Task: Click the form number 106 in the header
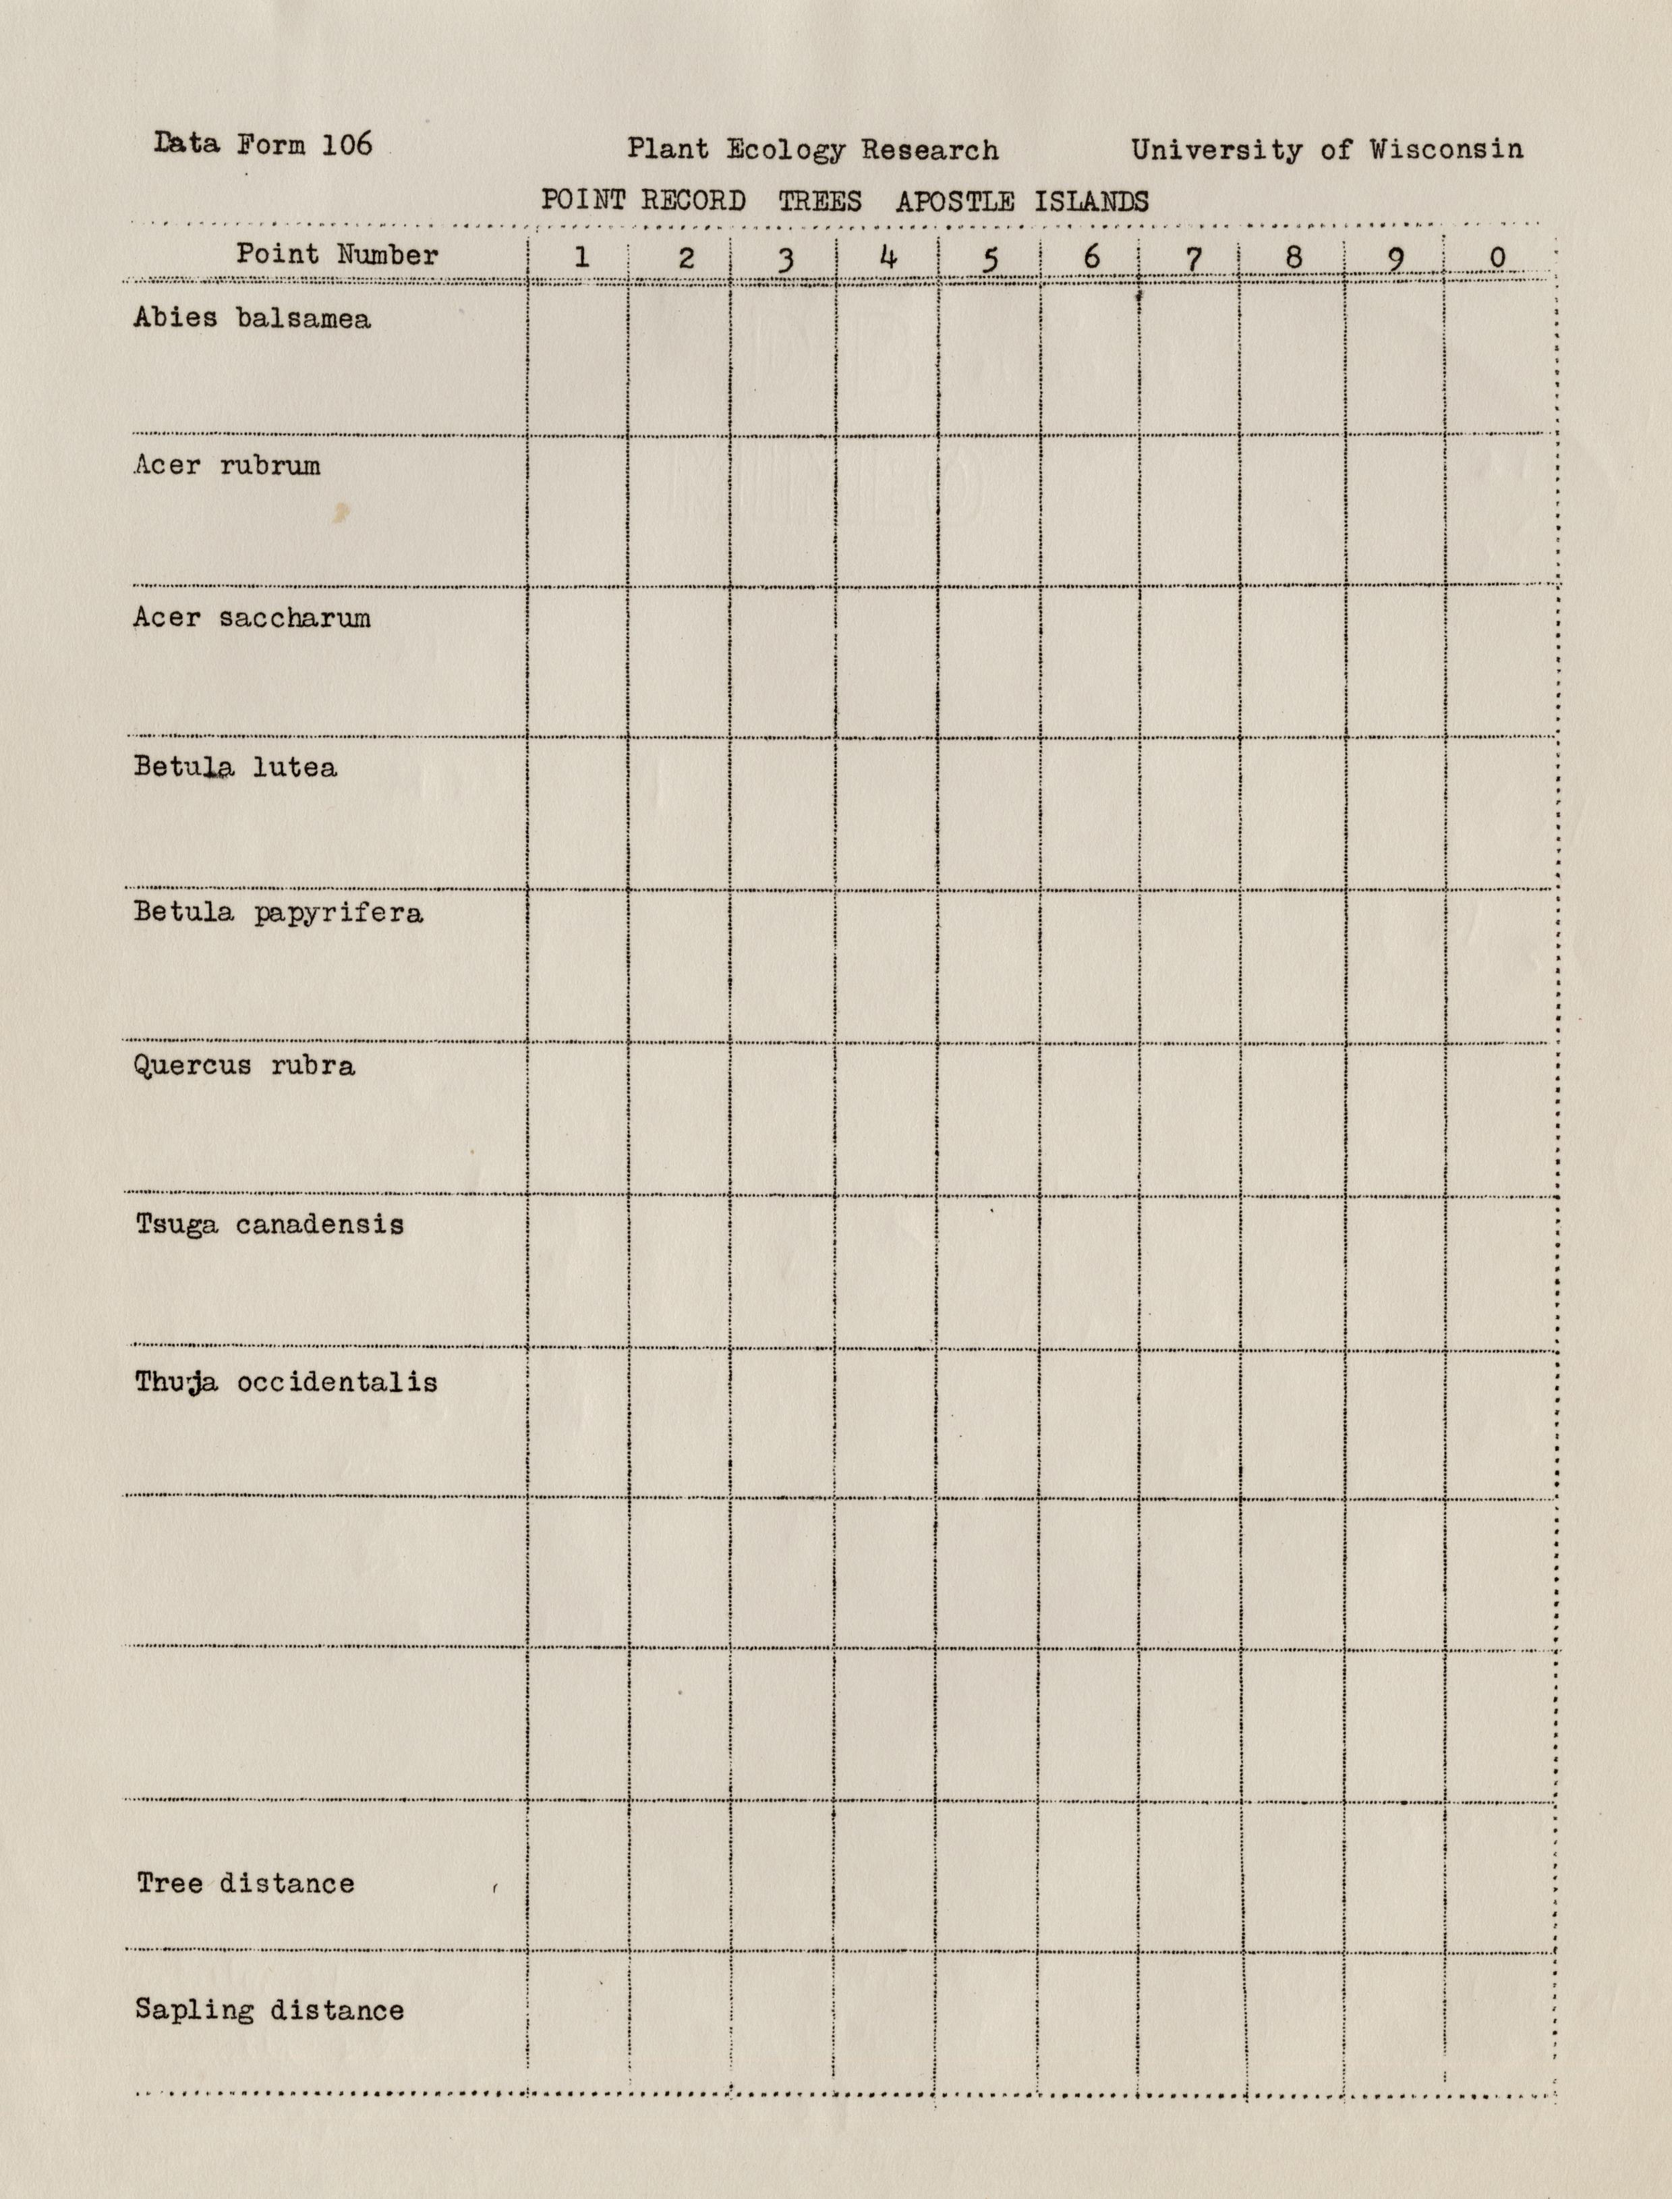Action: (347, 144)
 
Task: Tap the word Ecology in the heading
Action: (784, 150)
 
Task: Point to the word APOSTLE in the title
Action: (954, 202)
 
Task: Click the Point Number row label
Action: (337, 255)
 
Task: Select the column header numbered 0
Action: (1497, 258)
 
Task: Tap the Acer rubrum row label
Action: (227, 466)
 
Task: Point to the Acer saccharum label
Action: (252, 618)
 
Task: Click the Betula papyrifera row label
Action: (278, 913)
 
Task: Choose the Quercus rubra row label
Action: (244, 1066)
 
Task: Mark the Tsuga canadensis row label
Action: (270, 1225)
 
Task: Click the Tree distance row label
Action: (245, 1883)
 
